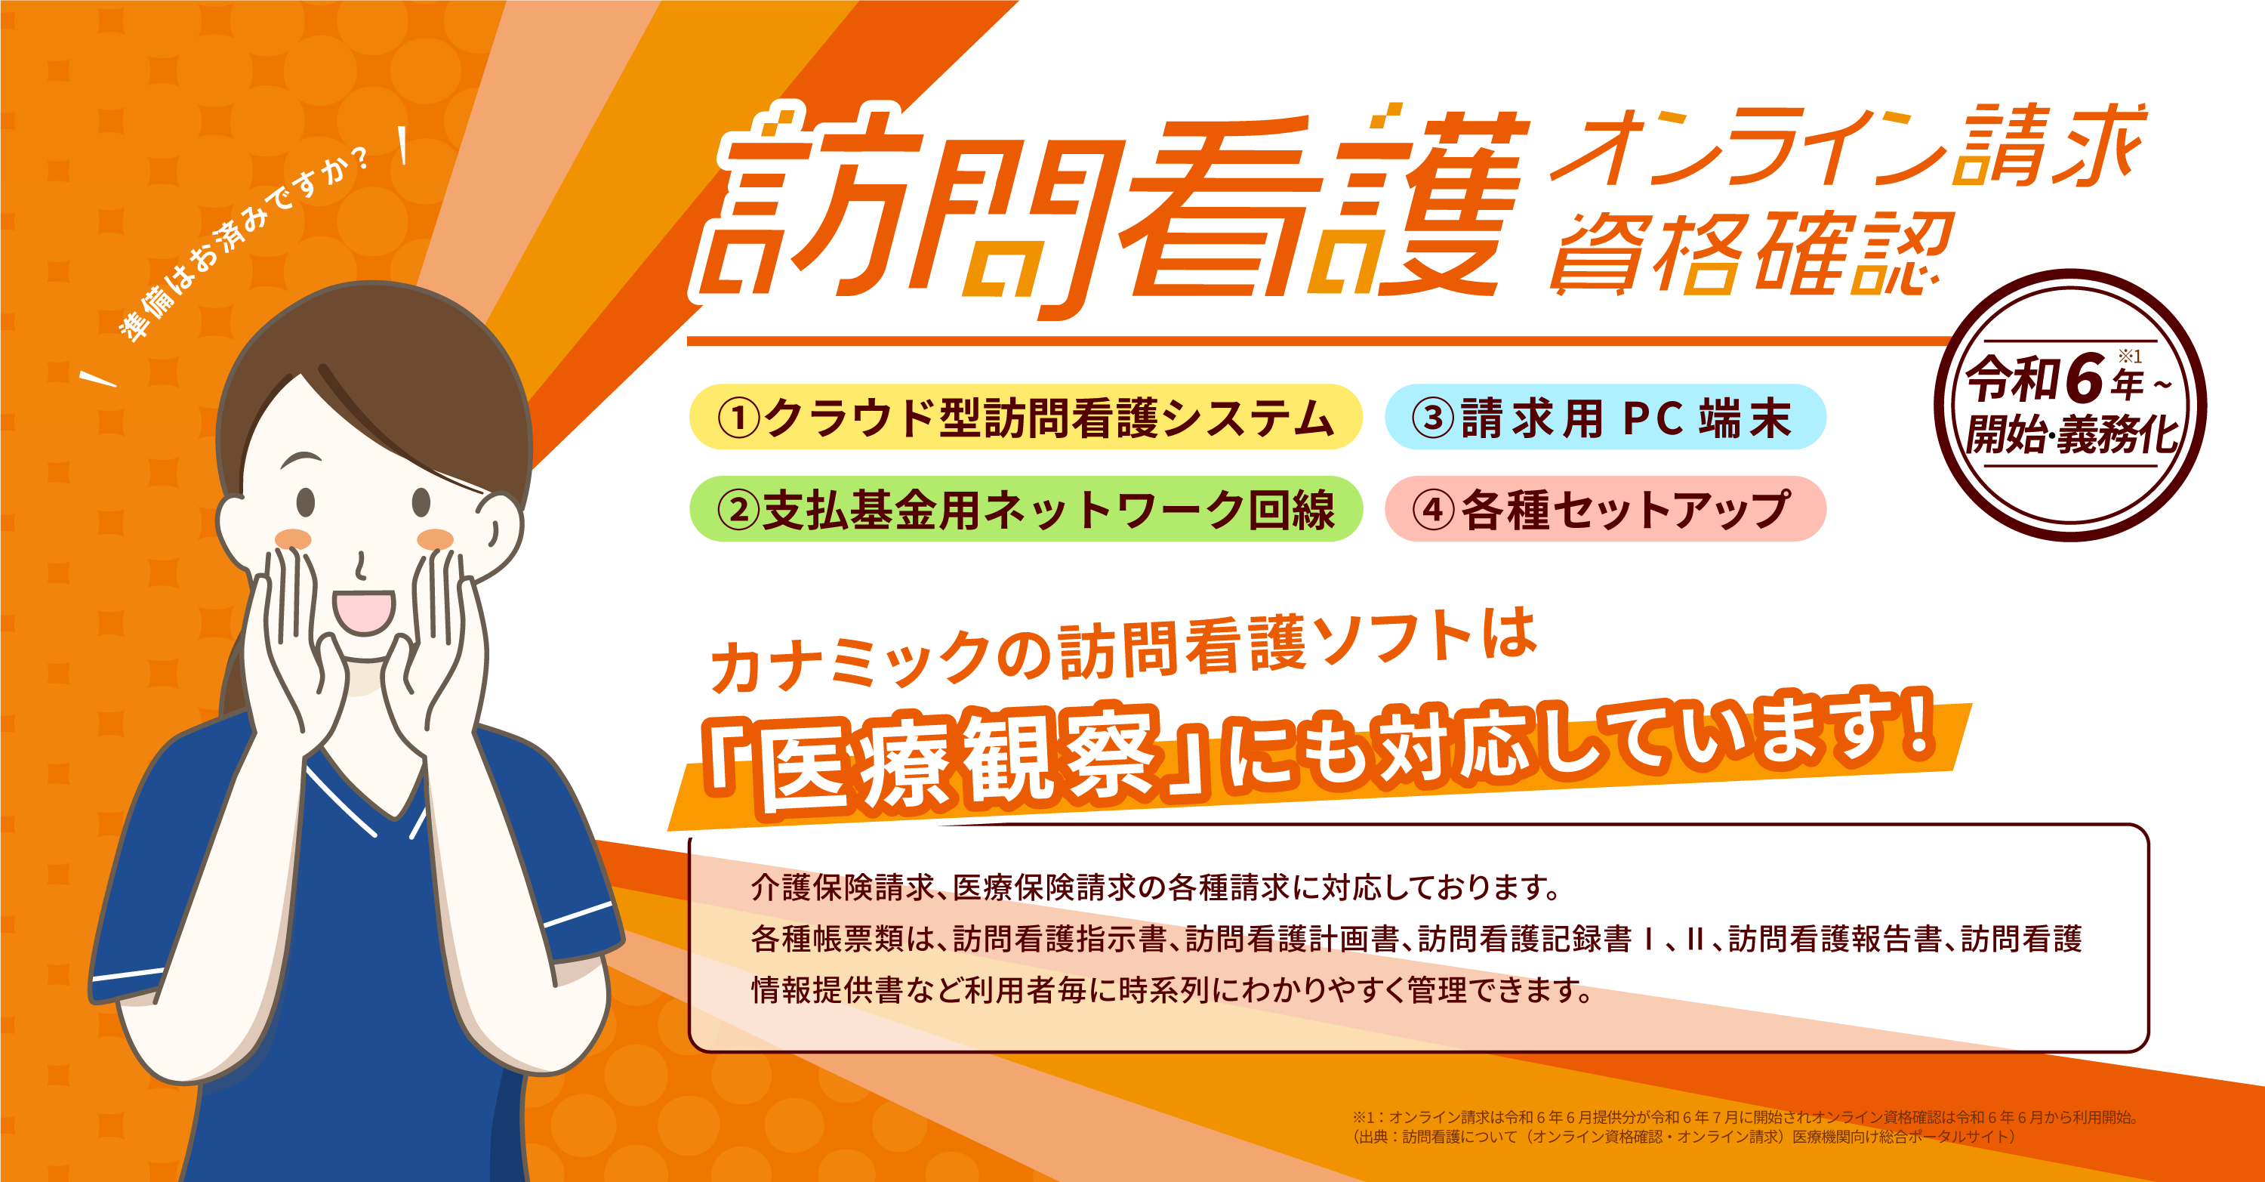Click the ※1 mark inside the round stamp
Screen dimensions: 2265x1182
point(2130,356)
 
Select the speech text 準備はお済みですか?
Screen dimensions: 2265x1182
point(245,242)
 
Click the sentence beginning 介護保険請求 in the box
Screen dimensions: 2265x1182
point(1155,887)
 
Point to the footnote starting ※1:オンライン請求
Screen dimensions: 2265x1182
point(1745,1117)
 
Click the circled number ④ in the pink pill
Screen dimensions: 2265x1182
point(1433,509)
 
